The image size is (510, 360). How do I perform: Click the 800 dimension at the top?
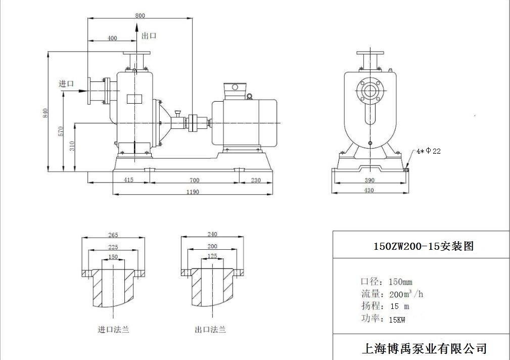point(140,16)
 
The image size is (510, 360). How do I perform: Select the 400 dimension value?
point(112,38)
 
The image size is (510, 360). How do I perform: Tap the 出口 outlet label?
point(149,35)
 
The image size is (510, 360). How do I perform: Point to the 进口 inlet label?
point(66,84)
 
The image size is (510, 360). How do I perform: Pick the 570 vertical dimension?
point(60,131)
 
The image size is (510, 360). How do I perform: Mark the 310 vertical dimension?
point(72,147)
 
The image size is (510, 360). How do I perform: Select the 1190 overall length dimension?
point(192,192)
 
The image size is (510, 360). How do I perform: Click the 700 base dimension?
point(194,180)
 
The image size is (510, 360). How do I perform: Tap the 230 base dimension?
point(256,180)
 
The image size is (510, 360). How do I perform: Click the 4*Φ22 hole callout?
point(429,151)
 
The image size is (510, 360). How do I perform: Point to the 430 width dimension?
point(369,190)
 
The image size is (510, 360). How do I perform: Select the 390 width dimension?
point(369,180)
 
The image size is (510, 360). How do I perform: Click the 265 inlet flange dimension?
point(113,235)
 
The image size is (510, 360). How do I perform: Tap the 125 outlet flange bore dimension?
point(212,256)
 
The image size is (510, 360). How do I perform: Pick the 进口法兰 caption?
point(113,330)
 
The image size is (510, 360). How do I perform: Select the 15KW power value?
point(397,320)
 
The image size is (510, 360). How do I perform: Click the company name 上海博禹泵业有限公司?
point(424,348)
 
